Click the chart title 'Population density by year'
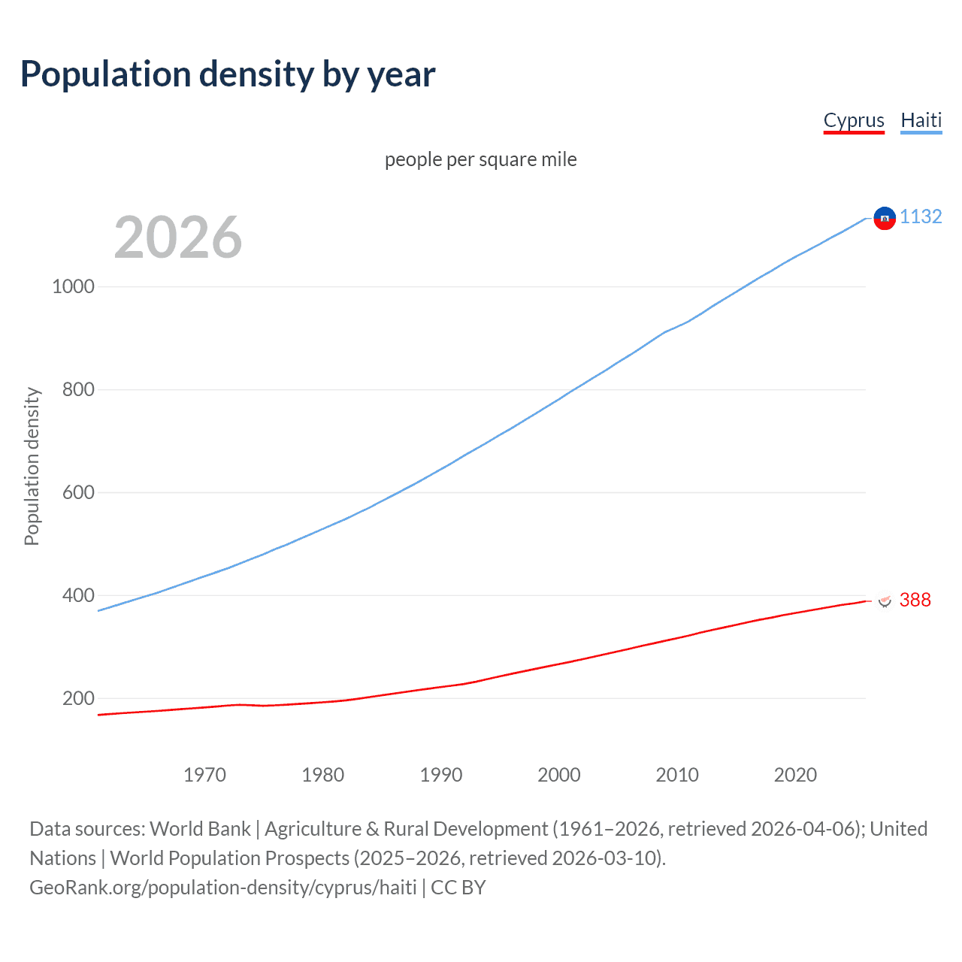pos(228,74)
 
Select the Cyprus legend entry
pos(854,120)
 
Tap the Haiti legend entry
pos(921,120)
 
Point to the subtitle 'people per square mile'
pos(480,159)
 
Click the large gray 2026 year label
pos(178,237)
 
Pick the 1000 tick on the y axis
pos(73,286)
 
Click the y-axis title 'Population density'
pos(32,466)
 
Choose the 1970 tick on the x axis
pos(204,775)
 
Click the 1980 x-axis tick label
pos(322,775)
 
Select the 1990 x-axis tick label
pos(441,775)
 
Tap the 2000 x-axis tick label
pos(559,775)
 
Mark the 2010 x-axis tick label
pos(677,775)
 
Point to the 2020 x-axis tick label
pos(795,775)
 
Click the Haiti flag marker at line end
pos(885,218)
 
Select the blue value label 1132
pos(921,216)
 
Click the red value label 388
pos(915,600)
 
